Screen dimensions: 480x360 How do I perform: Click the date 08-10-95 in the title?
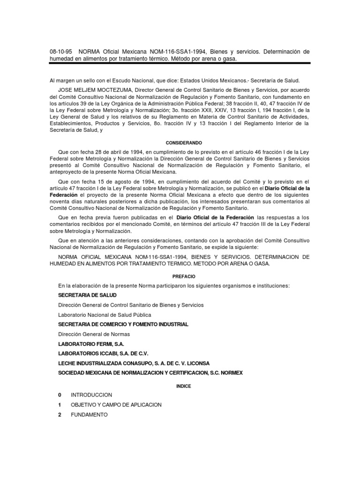(61, 52)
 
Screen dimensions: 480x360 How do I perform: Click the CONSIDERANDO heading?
(180, 142)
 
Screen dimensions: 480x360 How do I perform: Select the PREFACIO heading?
(180, 277)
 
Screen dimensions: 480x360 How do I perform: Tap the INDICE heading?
(180, 386)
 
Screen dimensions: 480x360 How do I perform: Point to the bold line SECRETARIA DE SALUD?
(87, 295)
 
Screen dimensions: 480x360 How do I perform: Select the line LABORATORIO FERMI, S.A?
(90, 344)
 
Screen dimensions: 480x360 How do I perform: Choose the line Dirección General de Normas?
(94, 334)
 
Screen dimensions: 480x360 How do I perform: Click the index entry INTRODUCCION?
(91, 395)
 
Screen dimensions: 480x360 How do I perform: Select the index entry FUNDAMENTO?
(89, 415)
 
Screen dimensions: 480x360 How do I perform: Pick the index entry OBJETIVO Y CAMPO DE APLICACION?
(116, 405)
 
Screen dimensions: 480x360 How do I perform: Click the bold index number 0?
(60, 395)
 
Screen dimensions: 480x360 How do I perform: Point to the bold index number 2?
(60, 415)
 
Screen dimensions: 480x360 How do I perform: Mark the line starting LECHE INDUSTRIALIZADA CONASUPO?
(134, 363)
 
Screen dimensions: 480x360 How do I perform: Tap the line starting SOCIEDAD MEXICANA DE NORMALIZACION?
(150, 373)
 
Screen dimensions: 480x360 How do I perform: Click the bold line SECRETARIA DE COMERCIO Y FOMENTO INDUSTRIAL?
(123, 324)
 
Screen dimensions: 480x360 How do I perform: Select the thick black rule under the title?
(180, 63)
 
